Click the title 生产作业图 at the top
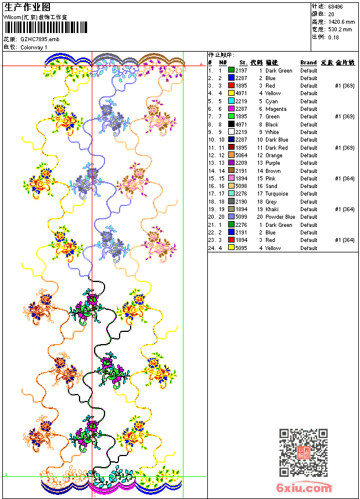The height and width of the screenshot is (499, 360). click(x=27, y=7)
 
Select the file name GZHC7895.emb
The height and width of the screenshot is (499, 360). click(x=39, y=39)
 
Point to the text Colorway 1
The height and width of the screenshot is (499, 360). click(x=34, y=47)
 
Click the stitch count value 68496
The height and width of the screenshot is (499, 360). click(x=336, y=6)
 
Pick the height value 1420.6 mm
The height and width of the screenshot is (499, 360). click(x=341, y=21)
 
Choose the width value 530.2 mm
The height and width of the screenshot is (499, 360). click(x=340, y=29)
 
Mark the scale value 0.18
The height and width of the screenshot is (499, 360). click(x=333, y=37)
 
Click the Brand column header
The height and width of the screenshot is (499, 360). click(x=308, y=62)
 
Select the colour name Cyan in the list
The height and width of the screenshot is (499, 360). click(x=272, y=102)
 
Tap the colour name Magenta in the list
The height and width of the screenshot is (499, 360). click(x=276, y=109)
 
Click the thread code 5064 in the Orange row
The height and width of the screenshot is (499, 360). click(x=241, y=156)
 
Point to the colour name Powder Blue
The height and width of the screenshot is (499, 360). click(x=280, y=217)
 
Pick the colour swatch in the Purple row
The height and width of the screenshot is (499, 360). click(x=231, y=163)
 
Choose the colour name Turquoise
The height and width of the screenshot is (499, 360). click(x=277, y=194)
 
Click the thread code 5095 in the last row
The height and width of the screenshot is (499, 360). click(x=241, y=248)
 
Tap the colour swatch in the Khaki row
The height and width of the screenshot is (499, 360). click(x=231, y=209)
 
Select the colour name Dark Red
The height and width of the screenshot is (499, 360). click(x=276, y=148)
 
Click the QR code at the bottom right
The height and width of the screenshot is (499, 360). click(x=303, y=452)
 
